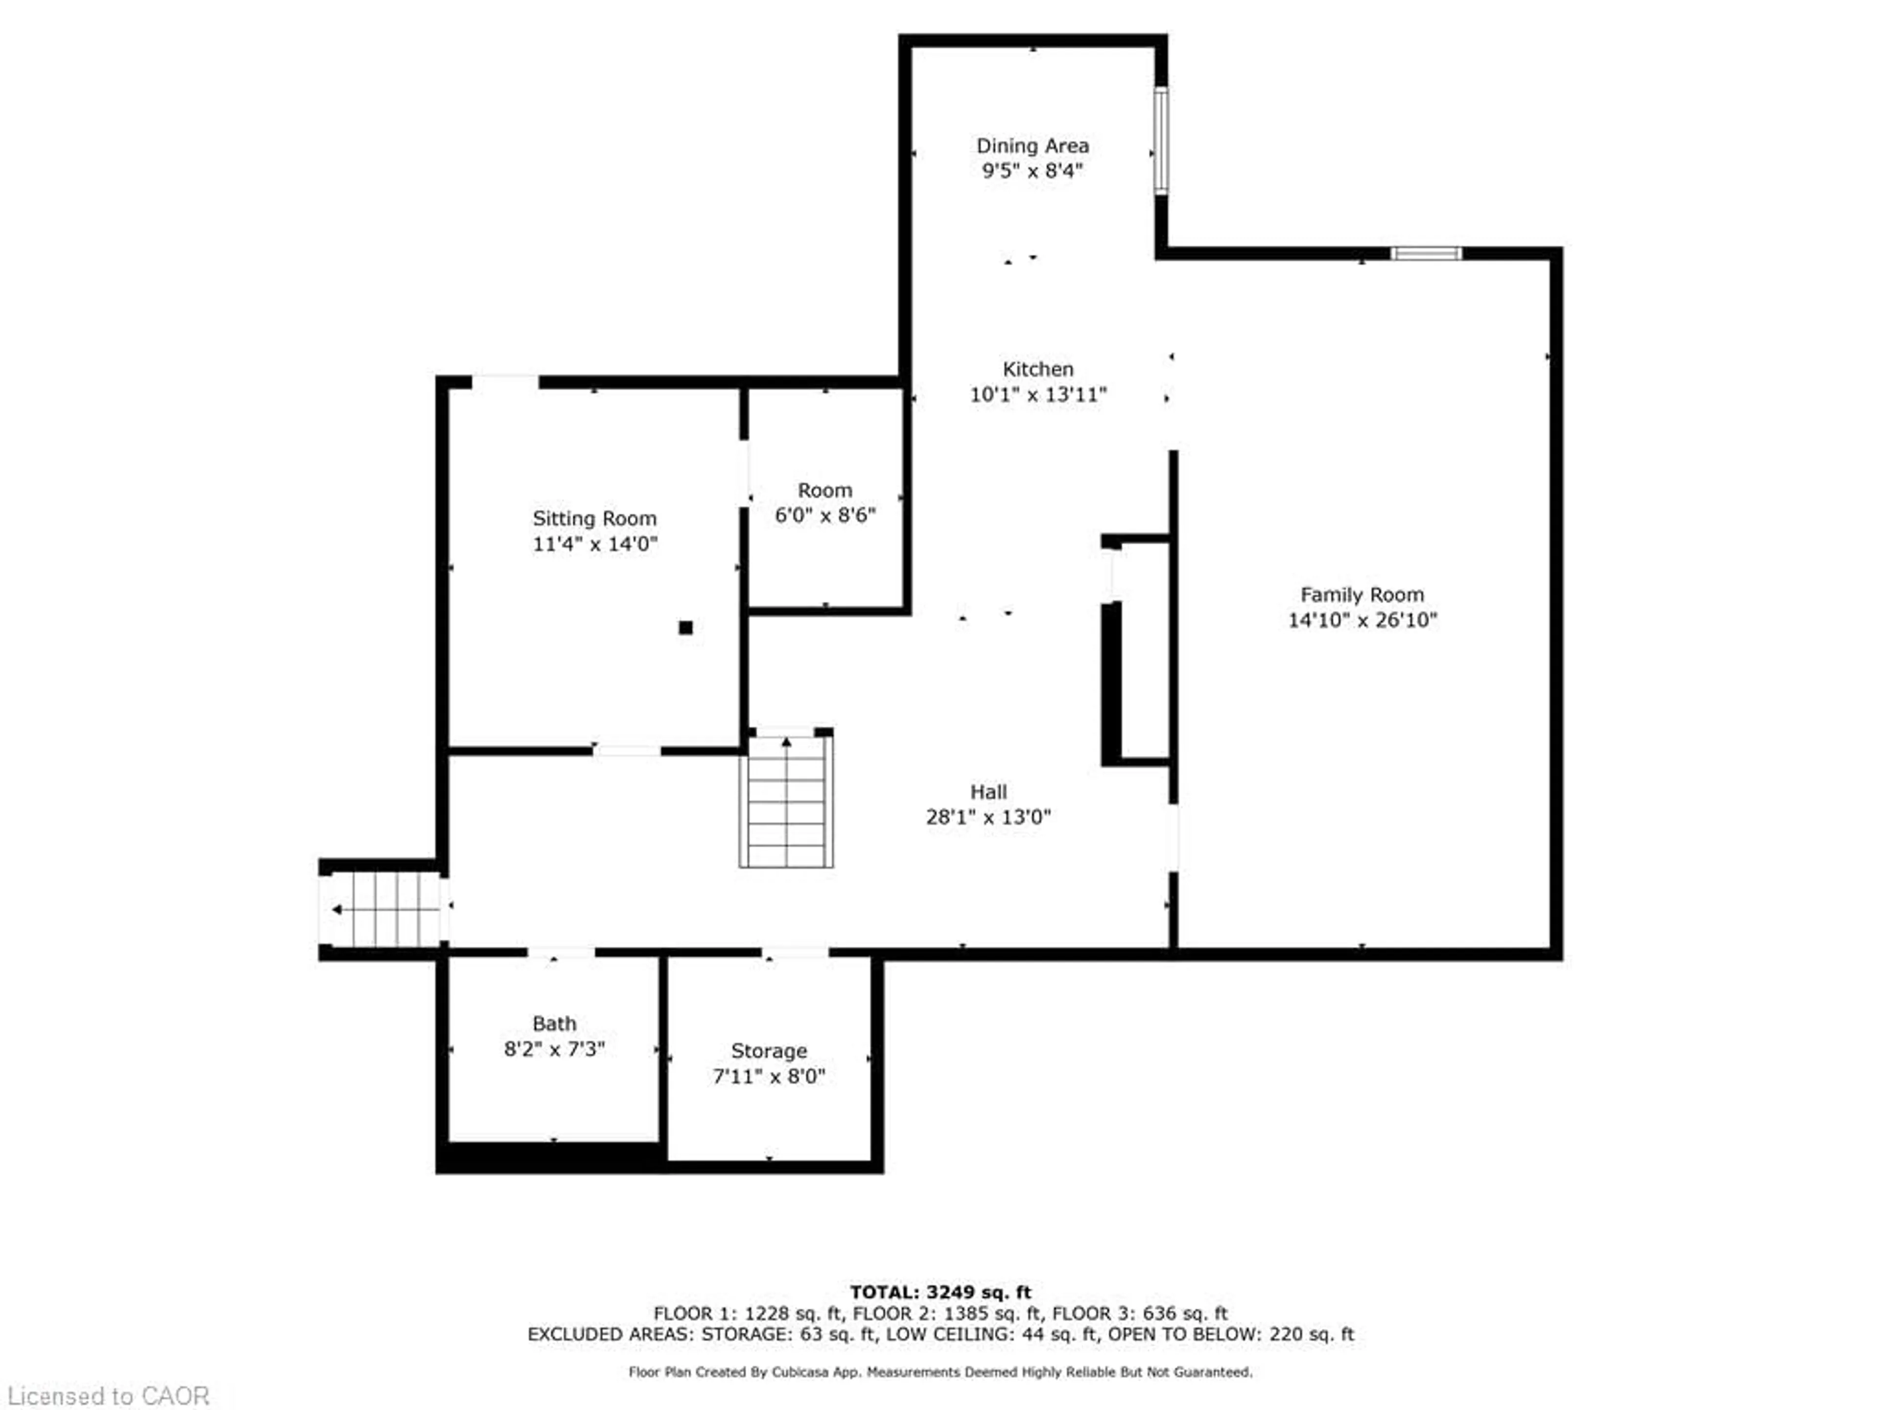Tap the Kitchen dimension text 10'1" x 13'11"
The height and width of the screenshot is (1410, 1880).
pyautogui.click(x=1038, y=394)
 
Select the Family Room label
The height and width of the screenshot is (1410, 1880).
pyautogui.click(x=1362, y=595)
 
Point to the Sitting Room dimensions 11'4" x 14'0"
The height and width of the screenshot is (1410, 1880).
pyautogui.click(x=595, y=544)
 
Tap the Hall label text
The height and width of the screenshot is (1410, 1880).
pyautogui.click(x=988, y=792)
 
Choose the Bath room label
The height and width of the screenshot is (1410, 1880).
pyautogui.click(x=554, y=1023)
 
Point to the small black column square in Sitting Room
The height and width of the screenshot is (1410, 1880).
pyautogui.click(x=685, y=628)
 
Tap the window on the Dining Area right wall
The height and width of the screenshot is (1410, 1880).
pyautogui.click(x=1161, y=140)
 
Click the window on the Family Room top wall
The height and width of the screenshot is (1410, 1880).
pyautogui.click(x=1426, y=253)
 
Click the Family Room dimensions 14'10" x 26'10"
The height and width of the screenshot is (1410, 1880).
pyautogui.click(x=1362, y=620)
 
